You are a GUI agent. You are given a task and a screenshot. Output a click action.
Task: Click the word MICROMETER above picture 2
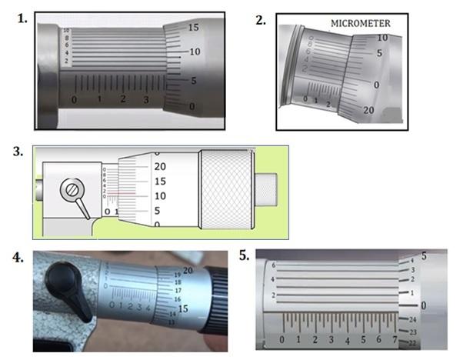361,24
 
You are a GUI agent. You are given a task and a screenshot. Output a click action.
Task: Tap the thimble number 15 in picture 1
194,27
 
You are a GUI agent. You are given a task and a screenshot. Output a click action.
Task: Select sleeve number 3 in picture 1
147,100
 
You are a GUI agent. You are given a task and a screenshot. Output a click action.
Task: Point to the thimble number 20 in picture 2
369,111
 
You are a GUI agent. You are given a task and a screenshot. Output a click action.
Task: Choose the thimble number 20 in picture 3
160,166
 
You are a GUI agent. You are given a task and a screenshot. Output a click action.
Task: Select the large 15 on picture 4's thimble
182,308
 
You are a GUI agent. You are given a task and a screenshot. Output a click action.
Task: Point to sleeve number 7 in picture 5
395,339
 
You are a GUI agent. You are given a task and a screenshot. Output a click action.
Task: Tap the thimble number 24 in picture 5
412,319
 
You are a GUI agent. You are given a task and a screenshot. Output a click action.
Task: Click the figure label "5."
244,256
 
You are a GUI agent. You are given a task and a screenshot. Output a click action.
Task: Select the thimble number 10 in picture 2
381,37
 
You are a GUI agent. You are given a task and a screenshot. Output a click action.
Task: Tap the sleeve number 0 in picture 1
74,100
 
